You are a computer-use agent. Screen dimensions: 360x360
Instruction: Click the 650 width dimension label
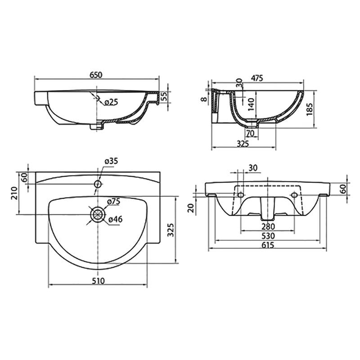tap(96, 75)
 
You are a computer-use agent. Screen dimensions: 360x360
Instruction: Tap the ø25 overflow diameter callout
tap(111, 102)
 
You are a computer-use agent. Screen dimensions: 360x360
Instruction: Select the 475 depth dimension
tap(256, 78)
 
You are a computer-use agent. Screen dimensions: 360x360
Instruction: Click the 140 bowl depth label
tap(252, 104)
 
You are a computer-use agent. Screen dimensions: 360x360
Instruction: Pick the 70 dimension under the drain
tap(251, 133)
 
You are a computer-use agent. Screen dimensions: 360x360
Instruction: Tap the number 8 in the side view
tap(204, 99)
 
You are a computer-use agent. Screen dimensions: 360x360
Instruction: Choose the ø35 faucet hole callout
tap(111, 161)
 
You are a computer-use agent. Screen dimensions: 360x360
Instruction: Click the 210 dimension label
tap(14, 193)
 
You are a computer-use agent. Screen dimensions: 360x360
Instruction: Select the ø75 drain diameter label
tap(113, 202)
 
